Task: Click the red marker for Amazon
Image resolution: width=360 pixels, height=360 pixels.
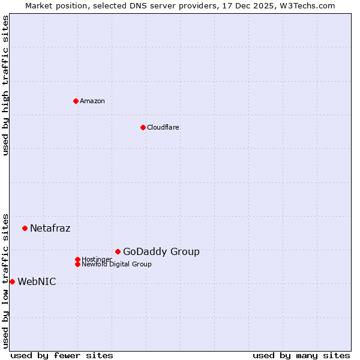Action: tap(76, 101)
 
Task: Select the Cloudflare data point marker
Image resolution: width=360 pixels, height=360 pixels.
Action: tap(143, 127)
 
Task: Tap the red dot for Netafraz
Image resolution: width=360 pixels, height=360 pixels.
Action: tap(25, 228)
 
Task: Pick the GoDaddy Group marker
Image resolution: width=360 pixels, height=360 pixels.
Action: tap(118, 251)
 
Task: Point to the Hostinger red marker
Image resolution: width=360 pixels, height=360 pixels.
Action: tap(77, 259)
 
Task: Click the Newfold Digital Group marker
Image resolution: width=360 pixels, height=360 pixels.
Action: tap(77, 264)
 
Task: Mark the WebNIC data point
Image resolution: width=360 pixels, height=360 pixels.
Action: tap(12, 281)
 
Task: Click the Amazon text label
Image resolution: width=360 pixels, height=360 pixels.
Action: tap(92, 101)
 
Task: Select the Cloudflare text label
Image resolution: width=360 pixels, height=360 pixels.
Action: tap(163, 127)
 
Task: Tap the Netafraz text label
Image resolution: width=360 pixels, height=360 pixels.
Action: tap(50, 228)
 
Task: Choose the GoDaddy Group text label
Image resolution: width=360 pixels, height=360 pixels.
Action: tap(161, 251)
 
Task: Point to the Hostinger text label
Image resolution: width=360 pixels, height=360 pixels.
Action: tap(97, 259)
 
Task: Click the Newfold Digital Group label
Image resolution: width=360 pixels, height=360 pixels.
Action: tap(116, 264)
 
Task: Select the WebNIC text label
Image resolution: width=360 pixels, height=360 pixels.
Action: tap(37, 281)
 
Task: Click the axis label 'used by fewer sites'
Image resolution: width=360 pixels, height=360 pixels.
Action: tap(62, 355)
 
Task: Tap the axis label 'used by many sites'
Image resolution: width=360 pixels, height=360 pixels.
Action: tap(301, 355)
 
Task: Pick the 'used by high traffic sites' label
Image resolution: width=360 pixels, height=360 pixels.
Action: tap(5, 85)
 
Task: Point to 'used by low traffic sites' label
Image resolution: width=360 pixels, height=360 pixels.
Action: tap(5, 280)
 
